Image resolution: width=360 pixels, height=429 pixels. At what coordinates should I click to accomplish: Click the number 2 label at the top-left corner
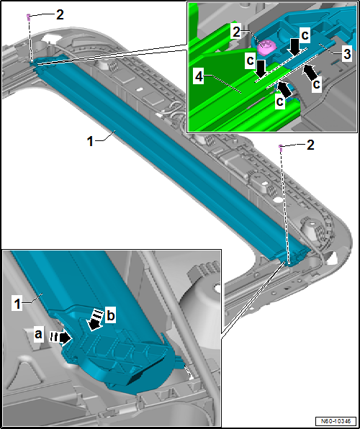click(60, 15)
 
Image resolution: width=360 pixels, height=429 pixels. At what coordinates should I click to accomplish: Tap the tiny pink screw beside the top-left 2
click(28, 17)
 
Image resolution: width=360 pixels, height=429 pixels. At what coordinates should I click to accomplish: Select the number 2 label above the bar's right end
click(310, 145)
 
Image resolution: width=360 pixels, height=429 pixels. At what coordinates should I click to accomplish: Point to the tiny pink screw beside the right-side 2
click(280, 147)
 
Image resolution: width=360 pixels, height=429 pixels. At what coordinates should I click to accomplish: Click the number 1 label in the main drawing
click(90, 142)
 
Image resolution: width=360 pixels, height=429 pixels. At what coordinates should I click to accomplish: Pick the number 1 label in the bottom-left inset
click(17, 304)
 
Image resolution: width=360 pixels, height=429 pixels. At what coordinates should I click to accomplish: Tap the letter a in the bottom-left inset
click(38, 335)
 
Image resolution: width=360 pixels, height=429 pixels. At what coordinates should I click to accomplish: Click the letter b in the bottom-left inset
click(110, 316)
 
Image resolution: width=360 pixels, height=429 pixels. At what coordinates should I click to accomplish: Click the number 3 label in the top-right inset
click(346, 55)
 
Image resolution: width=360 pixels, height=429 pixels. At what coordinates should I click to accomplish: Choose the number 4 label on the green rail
click(199, 78)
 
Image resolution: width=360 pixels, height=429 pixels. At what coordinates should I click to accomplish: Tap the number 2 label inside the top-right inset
click(236, 33)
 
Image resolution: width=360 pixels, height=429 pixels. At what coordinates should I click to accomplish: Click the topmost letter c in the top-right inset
click(306, 36)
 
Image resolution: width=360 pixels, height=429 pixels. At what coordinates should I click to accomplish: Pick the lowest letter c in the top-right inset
click(279, 101)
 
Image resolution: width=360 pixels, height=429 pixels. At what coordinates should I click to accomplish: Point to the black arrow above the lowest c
click(284, 90)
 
